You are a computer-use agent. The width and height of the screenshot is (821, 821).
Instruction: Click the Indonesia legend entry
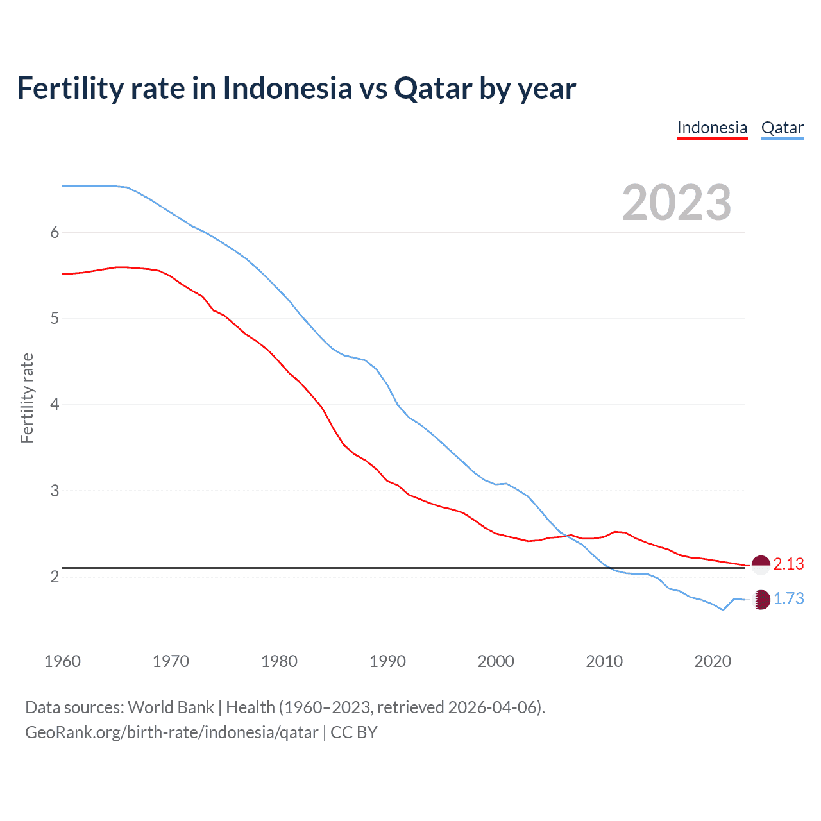712,128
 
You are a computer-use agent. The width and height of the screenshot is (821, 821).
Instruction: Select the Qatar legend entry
782,128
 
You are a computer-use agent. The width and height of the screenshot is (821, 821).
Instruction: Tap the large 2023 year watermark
676,203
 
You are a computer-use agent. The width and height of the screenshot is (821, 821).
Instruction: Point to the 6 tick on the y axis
55,232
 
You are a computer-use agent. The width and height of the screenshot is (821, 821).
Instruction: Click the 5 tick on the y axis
55,318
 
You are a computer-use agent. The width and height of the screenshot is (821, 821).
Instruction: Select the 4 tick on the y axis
55,405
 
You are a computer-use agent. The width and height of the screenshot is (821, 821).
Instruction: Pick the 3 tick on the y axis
55,491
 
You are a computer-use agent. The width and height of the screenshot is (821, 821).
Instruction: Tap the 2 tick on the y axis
55,577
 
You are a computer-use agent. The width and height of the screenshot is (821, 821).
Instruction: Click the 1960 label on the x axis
62,661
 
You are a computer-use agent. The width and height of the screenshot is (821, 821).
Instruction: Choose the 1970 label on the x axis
171,661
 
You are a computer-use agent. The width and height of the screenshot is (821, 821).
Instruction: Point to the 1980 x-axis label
279,661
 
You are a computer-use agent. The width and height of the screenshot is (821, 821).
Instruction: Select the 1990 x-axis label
387,661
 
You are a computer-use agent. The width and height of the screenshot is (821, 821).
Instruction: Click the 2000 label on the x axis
496,661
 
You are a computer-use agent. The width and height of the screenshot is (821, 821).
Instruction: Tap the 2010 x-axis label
604,661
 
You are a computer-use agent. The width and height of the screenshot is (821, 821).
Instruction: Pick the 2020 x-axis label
713,661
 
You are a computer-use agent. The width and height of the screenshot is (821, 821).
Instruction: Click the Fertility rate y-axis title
27,398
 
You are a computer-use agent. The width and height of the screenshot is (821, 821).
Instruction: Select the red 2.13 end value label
788,564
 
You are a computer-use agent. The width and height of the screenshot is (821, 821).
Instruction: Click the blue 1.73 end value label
788,598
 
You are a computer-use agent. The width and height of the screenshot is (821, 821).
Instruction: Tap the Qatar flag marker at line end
761,600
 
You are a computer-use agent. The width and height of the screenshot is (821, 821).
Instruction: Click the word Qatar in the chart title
433,88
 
